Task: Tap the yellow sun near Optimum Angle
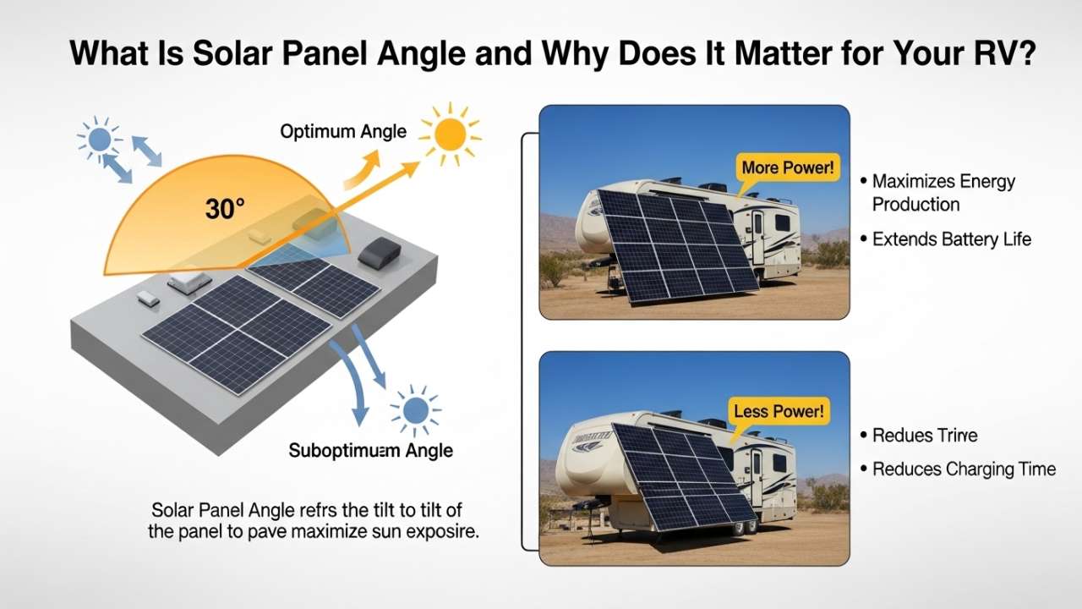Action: tap(450, 134)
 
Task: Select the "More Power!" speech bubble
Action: tap(786, 168)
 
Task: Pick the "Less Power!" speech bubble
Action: tap(779, 412)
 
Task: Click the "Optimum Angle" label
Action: tap(343, 131)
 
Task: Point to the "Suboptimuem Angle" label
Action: tap(370, 450)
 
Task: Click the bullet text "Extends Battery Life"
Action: tap(952, 239)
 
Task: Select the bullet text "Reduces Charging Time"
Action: tap(964, 469)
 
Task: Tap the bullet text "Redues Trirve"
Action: tap(924, 436)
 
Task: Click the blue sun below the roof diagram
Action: tap(415, 410)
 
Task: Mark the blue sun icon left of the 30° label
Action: tap(99, 139)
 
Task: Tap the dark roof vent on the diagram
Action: tap(382, 250)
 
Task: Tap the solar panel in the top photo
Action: tap(672, 245)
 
